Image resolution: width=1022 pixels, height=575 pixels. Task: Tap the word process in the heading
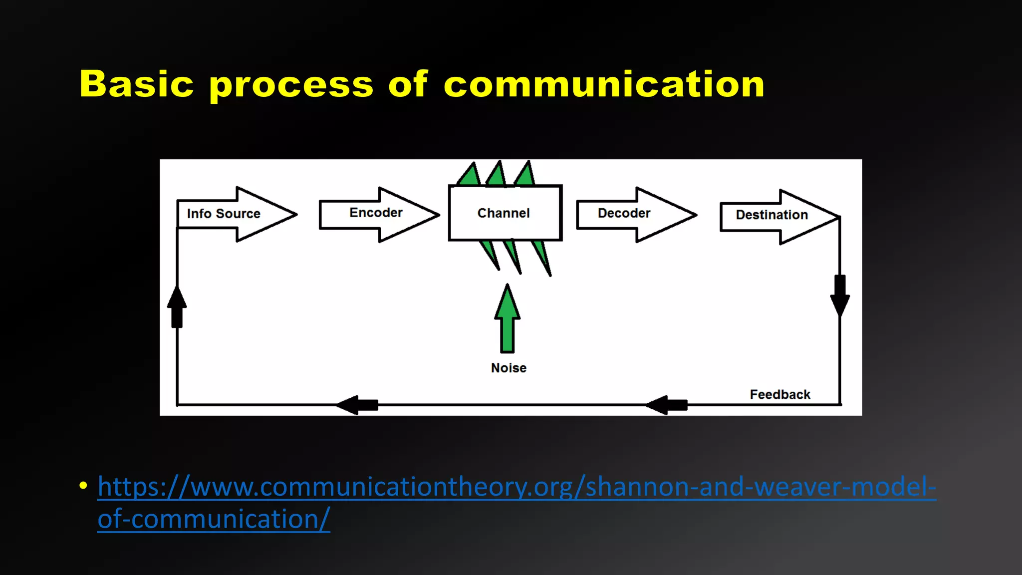[x=291, y=85]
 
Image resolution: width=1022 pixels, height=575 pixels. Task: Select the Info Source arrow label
[x=224, y=214]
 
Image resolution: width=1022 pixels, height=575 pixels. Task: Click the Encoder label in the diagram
[x=376, y=213]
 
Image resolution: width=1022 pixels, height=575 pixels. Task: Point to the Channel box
[x=504, y=213]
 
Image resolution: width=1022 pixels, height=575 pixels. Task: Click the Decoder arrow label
[x=624, y=213]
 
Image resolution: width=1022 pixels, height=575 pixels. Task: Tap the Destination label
[x=771, y=215]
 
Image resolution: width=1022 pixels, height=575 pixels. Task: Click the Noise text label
[x=509, y=368]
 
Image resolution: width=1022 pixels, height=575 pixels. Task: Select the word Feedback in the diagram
[x=780, y=395]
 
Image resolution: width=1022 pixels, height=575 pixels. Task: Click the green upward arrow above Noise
[x=508, y=319]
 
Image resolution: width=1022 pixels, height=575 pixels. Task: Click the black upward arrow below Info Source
[x=177, y=307]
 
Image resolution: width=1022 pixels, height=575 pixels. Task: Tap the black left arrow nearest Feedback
[x=667, y=405]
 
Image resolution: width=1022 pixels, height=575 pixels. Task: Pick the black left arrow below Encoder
[x=357, y=405]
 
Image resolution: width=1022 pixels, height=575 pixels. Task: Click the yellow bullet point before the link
[x=83, y=486]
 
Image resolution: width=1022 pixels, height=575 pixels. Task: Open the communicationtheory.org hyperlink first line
[x=516, y=487]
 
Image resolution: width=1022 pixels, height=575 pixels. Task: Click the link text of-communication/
[x=214, y=519]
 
